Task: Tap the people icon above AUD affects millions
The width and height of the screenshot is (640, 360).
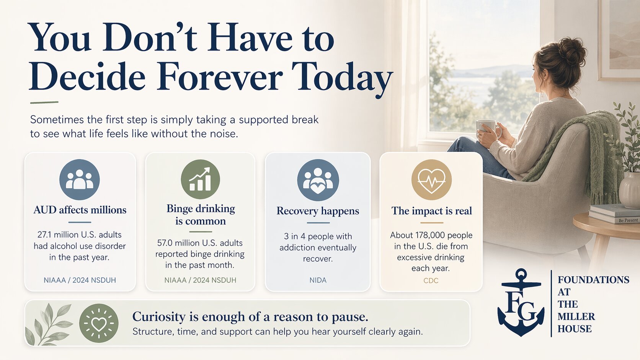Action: [80, 179]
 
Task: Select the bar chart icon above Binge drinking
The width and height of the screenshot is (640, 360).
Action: [200, 179]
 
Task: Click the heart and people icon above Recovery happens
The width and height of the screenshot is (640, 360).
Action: [318, 180]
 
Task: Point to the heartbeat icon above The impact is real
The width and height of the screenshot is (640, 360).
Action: [431, 179]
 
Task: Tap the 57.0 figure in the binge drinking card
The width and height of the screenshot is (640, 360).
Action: [165, 243]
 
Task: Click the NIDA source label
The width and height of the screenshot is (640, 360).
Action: [318, 280]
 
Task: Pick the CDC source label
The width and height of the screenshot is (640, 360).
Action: [431, 280]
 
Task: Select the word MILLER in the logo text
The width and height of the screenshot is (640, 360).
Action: [576, 317]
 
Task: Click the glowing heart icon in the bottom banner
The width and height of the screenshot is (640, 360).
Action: [99, 323]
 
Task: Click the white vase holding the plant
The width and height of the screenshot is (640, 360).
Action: [629, 190]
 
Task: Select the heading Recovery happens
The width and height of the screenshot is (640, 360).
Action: [318, 211]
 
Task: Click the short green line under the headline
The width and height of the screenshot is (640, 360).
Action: [44, 103]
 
